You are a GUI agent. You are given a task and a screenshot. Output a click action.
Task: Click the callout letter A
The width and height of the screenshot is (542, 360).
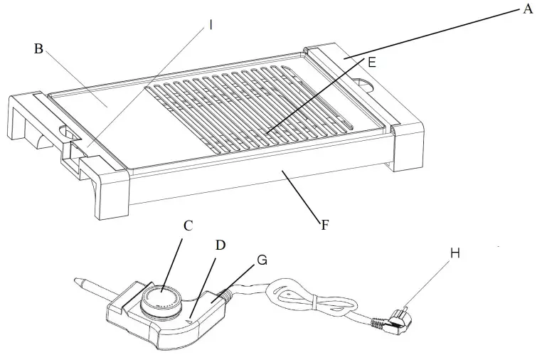[527, 9]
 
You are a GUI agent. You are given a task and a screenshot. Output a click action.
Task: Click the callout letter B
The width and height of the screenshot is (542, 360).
[39, 48]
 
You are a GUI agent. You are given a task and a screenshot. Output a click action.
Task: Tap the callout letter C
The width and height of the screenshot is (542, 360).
[188, 226]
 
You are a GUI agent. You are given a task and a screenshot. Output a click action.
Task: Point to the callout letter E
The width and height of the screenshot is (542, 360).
[371, 63]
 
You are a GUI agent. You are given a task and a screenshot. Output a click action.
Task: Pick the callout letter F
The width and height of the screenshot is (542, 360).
[325, 225]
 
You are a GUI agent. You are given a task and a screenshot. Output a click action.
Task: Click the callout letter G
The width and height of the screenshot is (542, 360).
[262, 260]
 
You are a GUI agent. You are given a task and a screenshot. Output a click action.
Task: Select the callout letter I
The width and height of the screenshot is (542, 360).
[211, 25]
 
